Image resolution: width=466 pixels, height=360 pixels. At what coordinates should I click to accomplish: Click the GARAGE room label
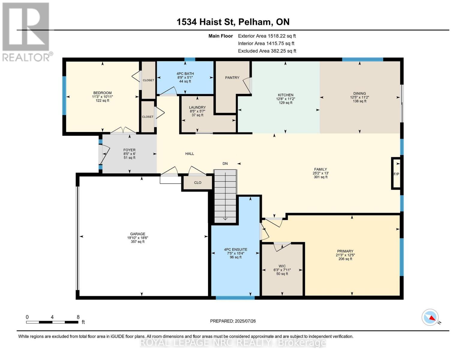point(137,234)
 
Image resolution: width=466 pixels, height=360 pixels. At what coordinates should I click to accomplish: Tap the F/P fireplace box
point(396,174)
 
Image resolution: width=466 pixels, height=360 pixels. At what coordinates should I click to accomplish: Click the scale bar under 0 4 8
point(52,322)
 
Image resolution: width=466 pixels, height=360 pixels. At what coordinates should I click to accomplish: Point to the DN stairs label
point(225,163)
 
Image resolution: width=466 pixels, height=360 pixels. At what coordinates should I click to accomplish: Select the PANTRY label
point(232,78)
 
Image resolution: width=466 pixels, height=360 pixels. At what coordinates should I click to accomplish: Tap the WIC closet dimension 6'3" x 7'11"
point(282,270)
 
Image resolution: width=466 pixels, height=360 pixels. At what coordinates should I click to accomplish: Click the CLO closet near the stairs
point(197,182)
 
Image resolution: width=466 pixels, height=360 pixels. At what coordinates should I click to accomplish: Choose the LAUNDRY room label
point(197,107)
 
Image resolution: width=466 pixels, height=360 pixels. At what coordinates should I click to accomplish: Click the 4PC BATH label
point(185,73)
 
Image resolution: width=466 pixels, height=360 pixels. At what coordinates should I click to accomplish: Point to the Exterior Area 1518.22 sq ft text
point(267,36)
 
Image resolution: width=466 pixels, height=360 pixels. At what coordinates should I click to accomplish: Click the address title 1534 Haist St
point(233,22)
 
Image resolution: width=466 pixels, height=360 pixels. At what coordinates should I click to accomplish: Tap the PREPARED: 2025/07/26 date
point(233,321)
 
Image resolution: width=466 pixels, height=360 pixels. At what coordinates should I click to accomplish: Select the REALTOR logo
point(26,31)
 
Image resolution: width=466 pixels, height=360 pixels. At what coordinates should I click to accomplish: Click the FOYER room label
point(129,150)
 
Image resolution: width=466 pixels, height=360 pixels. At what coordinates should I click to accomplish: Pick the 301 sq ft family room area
point(320,177)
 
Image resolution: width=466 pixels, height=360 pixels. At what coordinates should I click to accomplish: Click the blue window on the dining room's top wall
point(362,59)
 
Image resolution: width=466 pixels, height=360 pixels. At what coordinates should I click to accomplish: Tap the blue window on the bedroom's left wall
point(64,95)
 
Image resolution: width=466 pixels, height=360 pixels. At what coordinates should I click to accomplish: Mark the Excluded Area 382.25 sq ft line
point(267,51)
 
